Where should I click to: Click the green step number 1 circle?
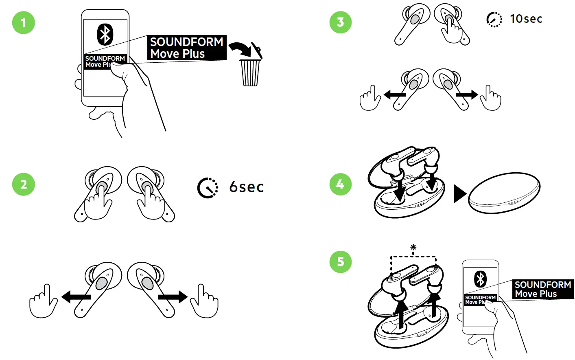point(24,22)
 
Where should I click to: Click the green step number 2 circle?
point(24,184)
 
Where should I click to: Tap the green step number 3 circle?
point(341,22)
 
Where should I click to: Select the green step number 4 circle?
point(341,184)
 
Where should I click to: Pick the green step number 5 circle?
point(341,261)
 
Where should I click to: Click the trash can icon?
point(250,72)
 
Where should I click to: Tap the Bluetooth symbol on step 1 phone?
point(105,34)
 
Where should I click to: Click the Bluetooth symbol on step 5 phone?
point(480,279)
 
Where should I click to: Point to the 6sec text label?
point(246,187)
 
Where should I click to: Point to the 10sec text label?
point(526,19)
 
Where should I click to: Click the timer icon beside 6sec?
point(208,188)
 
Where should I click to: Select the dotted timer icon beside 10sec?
point(494,19)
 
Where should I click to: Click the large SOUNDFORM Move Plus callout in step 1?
point(186,48)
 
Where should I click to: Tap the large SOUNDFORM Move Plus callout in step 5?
point(542,289)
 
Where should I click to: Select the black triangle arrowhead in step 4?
point(459,193)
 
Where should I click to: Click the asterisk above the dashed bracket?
point(413,247)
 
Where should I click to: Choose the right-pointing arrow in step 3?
point(467,95)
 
